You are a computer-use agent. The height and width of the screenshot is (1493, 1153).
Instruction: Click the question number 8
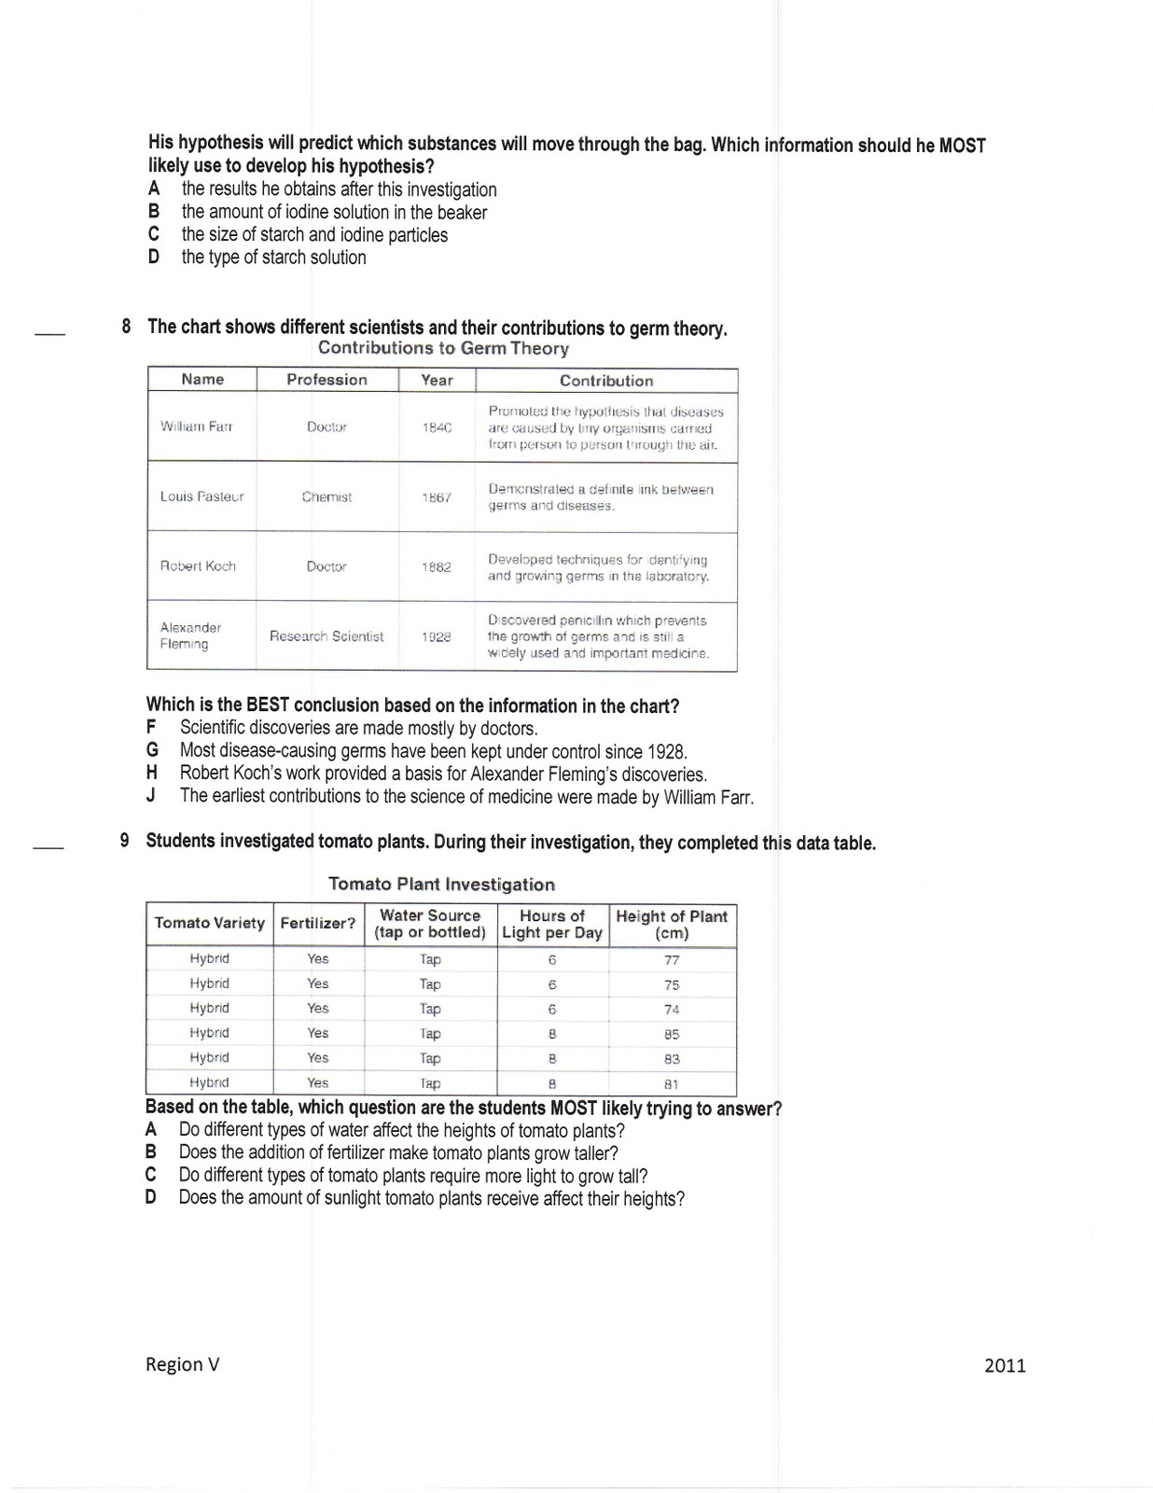[x=126, y=327]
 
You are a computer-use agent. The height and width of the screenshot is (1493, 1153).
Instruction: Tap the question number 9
[x=124, y=840]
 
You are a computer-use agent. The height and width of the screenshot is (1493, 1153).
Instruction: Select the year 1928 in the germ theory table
[x=436, y=636]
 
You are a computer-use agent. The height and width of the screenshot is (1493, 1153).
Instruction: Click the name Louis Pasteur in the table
[x=201, y=496]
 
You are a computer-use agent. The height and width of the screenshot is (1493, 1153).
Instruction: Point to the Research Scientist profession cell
[x=326, y=636]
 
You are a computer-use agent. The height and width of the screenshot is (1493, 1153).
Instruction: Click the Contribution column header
[x=606, y=381]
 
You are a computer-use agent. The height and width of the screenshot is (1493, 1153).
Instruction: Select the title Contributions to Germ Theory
[x=443, y=348]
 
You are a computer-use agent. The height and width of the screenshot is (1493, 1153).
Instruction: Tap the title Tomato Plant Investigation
[x=441, y=884]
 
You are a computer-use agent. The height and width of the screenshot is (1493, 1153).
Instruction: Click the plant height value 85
[x=672, y=1034]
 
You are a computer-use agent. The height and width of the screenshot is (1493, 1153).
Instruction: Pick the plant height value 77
[x=672, y=959]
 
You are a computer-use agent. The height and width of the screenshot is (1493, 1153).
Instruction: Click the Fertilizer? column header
[x=317, y=923]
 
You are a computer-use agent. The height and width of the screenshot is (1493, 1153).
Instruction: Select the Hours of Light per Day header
[x=552, y=924]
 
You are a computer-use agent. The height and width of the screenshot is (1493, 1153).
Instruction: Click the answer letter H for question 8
[x=152, y=773]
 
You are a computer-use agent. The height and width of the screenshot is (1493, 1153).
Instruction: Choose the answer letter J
[x=151, y=796]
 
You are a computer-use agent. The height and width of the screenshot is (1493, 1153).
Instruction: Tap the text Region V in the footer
[x=183, y=1364]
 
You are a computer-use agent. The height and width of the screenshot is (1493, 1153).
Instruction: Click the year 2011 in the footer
[x=1005, y=1366]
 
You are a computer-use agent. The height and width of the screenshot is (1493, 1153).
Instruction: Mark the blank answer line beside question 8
[x=50, y=333]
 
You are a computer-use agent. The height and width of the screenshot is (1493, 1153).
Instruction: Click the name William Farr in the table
[x=196, y=426]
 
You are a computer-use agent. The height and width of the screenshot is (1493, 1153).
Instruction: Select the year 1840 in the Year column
[x=437, y=427]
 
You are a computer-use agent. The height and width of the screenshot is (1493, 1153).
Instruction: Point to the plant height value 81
[x=672, y=1084]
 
